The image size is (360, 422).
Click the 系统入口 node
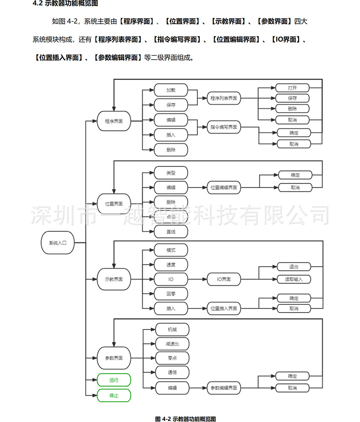point(57,243)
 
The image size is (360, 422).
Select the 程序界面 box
point(114,122)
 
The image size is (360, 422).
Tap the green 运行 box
point(114,380)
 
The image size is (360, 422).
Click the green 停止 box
point(114,396)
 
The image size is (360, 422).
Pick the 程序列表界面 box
point(224,98)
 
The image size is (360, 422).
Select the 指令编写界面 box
point(224,127)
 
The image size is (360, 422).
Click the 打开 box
point(293,87)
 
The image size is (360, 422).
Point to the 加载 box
point(171,90)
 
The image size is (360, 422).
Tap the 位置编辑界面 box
point(224,187)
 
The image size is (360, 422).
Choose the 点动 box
point(171,217)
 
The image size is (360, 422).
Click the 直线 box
point(171,232)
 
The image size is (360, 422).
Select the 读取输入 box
point(294,279)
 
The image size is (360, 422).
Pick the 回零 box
point(171,294)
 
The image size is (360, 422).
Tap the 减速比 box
point(172,344)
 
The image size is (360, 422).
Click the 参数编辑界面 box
point(224,388)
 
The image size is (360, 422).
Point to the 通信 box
point(172,373)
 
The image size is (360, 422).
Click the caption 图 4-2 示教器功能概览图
point(185,418)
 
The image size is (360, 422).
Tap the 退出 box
point(294,267)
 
